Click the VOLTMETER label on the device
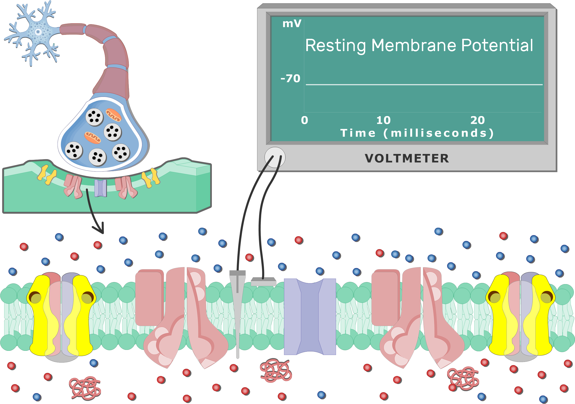point(407,158)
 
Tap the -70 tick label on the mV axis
point(291,79)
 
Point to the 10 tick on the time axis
point(383,120)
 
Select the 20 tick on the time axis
point(478,120)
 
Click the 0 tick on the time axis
point(304,120)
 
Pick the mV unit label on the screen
point(292,24)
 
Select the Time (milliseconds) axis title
point(417,133)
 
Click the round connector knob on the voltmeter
point(275,158)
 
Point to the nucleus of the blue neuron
point(38,32)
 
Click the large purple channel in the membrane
point(310,316)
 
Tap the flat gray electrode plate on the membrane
point(263,282)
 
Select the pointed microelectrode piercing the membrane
point(237,313)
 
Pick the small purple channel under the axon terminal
point(101,188)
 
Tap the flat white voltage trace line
point(423,85)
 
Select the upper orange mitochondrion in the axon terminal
point(113,115)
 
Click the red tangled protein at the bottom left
point(85,388)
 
